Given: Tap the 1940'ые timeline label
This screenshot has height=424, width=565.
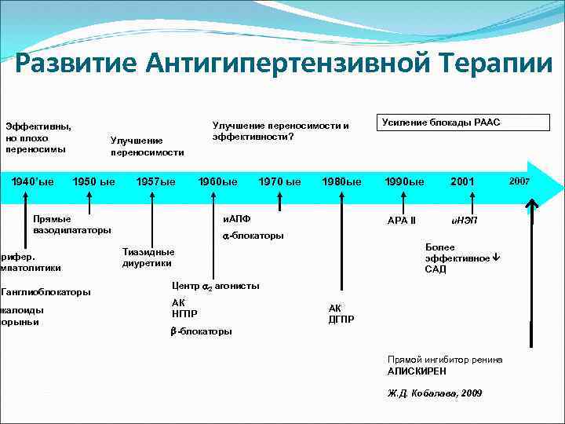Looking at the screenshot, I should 32,181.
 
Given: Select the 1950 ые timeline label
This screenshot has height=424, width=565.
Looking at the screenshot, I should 93,181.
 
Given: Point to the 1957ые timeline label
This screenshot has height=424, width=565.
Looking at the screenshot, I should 155,181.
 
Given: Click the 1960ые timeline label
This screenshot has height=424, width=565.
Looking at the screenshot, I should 217,181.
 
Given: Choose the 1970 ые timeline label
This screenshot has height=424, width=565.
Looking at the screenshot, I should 279,181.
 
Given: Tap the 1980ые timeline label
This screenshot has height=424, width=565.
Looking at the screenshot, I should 341,181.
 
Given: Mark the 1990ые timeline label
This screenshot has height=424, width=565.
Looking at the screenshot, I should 403,181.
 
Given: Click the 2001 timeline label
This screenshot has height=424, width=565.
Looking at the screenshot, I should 462,181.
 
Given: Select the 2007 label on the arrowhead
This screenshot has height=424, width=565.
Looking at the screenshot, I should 519,181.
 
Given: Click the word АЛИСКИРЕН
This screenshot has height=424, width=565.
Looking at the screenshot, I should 417,371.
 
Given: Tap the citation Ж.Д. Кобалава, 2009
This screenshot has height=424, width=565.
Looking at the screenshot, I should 435,393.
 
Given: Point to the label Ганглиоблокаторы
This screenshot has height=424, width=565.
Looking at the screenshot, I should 46,292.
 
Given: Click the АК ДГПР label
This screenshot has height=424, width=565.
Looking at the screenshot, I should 341,313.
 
